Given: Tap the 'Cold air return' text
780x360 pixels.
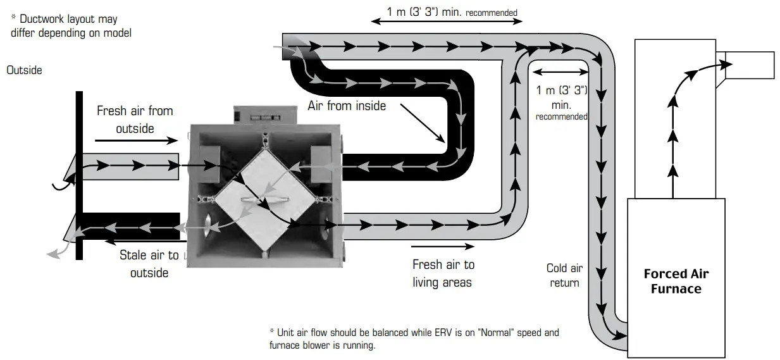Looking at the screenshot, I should pos(564,275).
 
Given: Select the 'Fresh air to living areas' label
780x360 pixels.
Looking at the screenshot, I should pos(443,273).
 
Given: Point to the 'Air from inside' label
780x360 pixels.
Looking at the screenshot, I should pos(347,106).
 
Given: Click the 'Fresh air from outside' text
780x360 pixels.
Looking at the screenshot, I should pos(135,120).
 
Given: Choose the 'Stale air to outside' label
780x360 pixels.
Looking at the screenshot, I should pos(149,264).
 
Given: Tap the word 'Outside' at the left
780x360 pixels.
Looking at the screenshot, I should pos(24,70).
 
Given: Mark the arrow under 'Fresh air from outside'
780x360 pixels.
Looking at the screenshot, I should pos(132,139).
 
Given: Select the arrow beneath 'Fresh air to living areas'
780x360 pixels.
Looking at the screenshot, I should pos(442,245).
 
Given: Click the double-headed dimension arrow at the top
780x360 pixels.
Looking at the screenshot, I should pos(447,21).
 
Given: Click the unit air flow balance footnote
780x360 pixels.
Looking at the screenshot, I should pos(414,339).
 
